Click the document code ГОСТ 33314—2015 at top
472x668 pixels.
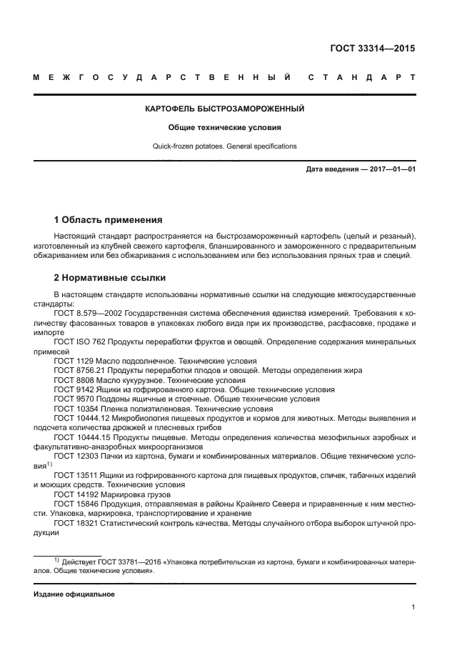click(372, 49)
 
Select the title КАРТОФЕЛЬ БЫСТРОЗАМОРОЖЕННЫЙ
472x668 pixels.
click(225, 109)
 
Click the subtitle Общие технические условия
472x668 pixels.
click(225, 128)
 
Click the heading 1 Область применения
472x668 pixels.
click(108, 219)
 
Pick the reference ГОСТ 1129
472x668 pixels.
click(73, 362)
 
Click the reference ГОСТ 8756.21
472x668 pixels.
click(79, 371)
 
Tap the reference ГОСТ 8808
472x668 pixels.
click(73, 381)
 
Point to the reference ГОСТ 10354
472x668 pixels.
click(75, 409)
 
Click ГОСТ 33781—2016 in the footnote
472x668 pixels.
click(134, 561)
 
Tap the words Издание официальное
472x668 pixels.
click(74, 594)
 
